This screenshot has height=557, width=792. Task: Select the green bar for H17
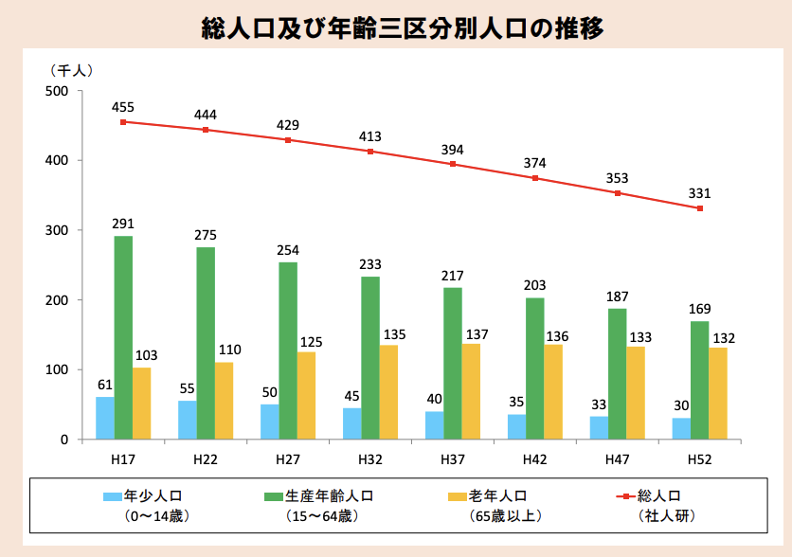click(x=123, y=337)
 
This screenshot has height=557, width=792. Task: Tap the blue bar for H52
click(x=681, y=428)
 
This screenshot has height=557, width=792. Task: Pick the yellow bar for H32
click(x=388, y=392)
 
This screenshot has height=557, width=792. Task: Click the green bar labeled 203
click(x=535, y=368)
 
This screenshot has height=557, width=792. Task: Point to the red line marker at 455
click(x=123, y=122)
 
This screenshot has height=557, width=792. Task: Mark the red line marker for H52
click(x=700, y=208)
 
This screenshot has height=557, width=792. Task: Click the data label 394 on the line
click(x=452, y=150)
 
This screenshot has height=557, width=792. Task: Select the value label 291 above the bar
click(x=123, y=225)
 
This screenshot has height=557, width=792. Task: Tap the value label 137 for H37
click(x=471, y=333)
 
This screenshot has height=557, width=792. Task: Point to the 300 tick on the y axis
click(x=59, y=230)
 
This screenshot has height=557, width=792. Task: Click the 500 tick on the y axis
click(x=59, y=91)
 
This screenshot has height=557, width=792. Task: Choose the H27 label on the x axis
click(x=288, y=458)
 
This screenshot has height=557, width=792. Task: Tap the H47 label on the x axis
click(x=618, y=458)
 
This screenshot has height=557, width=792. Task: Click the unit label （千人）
click(x=71, y=70)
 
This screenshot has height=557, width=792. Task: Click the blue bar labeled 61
click(x=104, y=418)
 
